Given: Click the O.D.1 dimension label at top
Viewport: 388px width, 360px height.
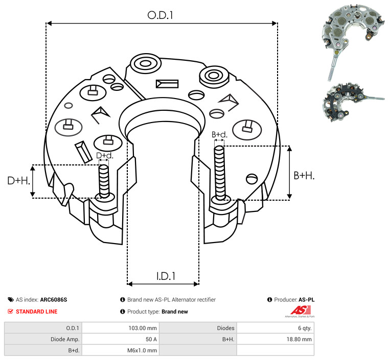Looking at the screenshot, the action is point(160,15).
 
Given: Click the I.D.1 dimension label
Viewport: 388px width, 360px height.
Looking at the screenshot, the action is point(166,276).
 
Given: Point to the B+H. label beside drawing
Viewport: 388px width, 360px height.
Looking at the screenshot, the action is point(304,176).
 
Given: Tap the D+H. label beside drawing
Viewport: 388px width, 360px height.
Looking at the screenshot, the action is point(19,181).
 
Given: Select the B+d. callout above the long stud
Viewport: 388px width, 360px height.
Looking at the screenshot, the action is point(219,134).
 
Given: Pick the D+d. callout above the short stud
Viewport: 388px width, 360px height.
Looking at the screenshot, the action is point(105,156).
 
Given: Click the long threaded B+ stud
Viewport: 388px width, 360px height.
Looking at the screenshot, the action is point(220,173).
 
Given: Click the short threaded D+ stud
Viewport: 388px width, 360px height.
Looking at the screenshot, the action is point(104,181).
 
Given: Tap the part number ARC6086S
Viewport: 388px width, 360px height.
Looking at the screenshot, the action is point(54,300).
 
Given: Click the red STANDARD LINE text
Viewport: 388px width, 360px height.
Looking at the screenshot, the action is point(37,311).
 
